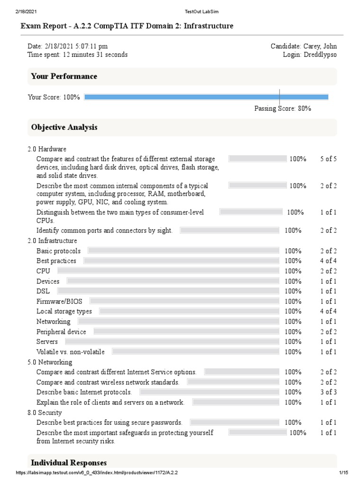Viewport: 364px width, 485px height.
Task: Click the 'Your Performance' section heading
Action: click(x=64, y=76)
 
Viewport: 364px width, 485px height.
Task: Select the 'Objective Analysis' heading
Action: click(x=64, y=127)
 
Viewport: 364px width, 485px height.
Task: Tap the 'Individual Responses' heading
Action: click(x=69, y=463)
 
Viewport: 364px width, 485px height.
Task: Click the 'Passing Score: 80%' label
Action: click(x=282, y=108)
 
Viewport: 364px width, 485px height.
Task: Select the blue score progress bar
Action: click(x=206, y=97)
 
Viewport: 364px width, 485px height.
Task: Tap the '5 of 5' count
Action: click(x=328, y=159)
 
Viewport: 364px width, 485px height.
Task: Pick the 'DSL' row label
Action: click(x=43, y=291)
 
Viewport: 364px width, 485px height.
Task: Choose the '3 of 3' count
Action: click(x=328, y=392)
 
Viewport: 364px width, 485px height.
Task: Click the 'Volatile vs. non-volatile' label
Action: click(x=71, y=352)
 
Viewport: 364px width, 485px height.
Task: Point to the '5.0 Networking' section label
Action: click(x=50, y=362)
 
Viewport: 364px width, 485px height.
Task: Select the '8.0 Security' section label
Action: click(x=45, y=413)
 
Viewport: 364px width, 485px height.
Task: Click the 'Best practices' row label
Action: click(x=56, y=261)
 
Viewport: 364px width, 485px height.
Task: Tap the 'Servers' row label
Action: click(x=47, y=341)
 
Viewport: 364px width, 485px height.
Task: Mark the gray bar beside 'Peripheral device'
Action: click(x=182, y=332)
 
